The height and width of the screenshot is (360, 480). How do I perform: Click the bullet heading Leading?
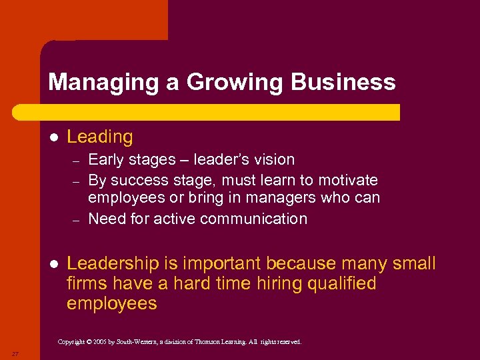point(100,137)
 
